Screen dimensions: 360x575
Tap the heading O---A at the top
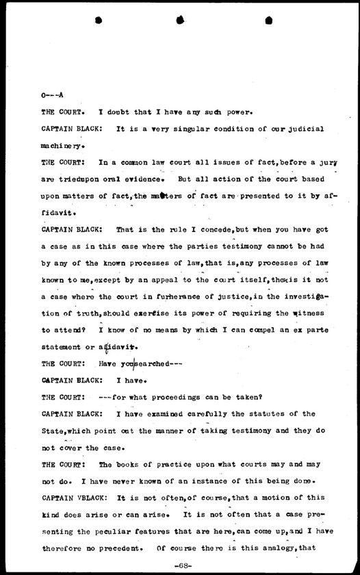pyautogui.click(x=52, y=94)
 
